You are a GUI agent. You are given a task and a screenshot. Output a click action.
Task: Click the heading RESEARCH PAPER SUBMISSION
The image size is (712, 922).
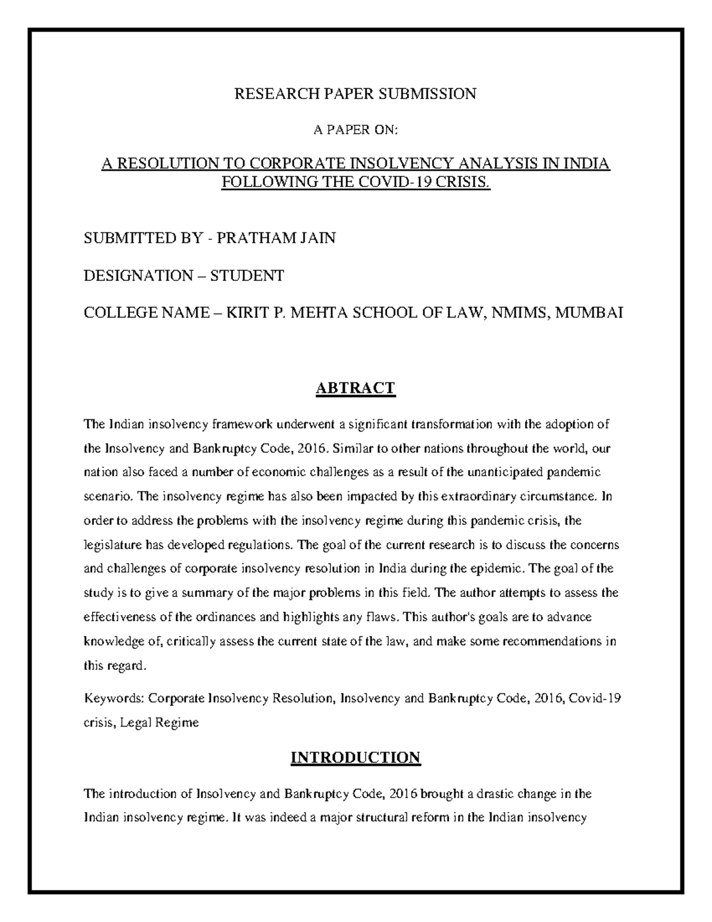355,94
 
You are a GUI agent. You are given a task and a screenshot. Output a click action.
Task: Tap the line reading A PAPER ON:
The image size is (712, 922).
355,131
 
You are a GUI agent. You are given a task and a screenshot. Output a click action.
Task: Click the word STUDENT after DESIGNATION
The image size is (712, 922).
247,275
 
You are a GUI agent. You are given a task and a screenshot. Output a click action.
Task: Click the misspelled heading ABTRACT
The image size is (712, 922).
355,388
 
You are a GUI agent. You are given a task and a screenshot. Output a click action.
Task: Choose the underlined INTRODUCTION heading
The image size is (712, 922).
355,758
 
